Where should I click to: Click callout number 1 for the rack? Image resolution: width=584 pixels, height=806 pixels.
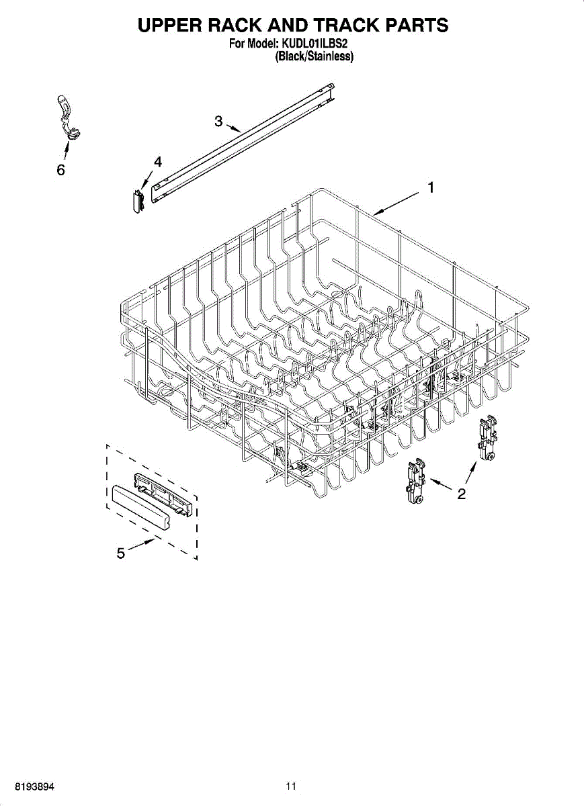[430, 189]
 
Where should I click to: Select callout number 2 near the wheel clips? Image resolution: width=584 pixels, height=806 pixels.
[461, 495]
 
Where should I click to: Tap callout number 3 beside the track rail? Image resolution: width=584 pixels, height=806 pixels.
[218, 121]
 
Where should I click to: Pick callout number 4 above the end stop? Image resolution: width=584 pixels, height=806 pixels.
[157, 162]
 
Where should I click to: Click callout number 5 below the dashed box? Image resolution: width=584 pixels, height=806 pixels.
[120, 553]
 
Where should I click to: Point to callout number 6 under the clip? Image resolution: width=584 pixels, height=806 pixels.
[60, 171]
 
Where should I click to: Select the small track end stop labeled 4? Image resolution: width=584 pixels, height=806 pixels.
[139, 200]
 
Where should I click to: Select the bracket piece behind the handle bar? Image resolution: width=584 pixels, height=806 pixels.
[165, 490]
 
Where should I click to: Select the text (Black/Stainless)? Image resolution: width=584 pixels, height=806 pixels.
[314, 57]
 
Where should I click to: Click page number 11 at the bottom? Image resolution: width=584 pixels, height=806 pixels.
[290, 787]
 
